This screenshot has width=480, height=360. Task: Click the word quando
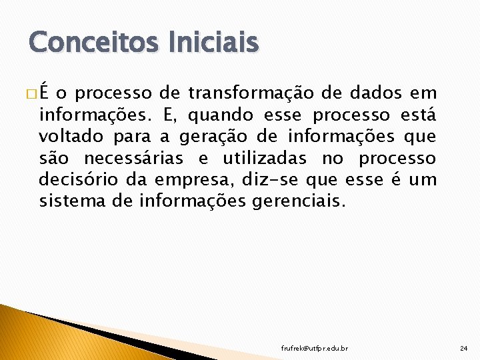point(220,116)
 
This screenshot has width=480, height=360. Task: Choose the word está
point(419,116)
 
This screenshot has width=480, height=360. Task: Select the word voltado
point(67,137)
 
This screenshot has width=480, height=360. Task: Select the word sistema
point(67,201)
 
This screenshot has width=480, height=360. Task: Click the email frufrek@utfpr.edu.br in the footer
point(315,349)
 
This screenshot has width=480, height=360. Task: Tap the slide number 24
point(464,349)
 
